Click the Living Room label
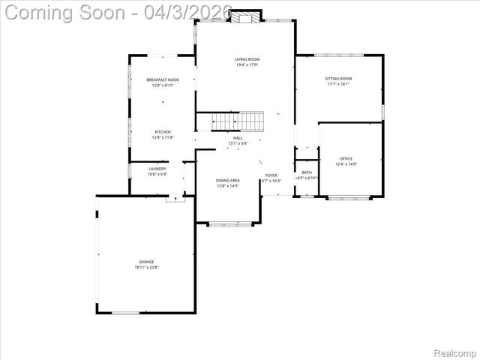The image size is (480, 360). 246,58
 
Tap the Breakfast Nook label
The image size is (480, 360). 163,79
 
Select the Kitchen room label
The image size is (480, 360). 163,132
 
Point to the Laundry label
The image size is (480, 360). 157,169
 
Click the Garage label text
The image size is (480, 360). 145,262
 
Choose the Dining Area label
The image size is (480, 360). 228,180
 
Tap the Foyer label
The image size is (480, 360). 271,175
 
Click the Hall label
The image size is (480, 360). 238,138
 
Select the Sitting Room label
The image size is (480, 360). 338,79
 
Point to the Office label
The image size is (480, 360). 346,158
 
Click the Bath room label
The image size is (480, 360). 307,172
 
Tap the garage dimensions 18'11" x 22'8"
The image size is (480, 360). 146,268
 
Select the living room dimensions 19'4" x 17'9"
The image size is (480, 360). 246,64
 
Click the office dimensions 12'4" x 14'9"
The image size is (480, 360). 346,164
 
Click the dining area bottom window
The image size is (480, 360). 230,223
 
